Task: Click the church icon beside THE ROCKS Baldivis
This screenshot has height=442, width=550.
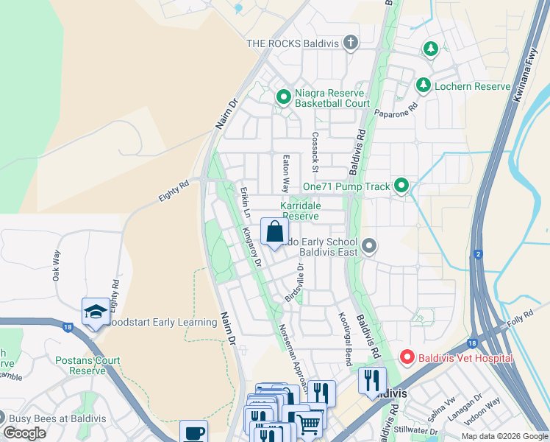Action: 351,42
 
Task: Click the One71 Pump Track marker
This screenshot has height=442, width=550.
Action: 401,186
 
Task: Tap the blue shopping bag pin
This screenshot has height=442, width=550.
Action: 274,232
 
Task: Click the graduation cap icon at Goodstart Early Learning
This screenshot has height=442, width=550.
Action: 96,312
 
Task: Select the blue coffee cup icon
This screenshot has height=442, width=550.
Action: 193,432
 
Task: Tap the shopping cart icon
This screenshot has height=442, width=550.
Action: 309,423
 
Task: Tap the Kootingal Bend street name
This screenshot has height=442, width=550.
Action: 343,339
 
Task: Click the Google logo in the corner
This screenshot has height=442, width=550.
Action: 24,433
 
